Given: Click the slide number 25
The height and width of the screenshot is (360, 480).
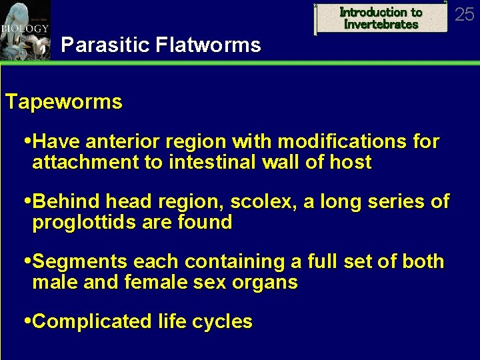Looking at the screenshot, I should click(464, 13).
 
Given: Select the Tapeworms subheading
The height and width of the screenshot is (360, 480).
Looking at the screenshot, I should click(64, 102).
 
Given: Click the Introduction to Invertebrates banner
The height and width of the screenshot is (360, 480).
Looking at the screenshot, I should click(381, 18).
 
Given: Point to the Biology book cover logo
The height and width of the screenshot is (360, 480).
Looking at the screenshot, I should click(25, 29).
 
